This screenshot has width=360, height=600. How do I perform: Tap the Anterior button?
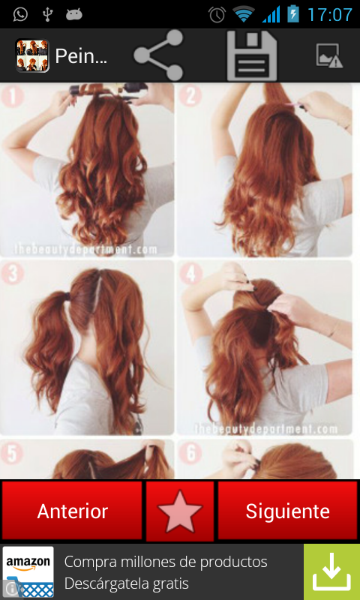72,511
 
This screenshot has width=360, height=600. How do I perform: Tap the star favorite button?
180,511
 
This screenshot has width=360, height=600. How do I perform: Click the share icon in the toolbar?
159,55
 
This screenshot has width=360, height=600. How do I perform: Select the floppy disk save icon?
252,55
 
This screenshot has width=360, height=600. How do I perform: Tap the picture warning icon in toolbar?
329,55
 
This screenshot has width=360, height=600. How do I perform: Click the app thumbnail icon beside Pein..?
32,55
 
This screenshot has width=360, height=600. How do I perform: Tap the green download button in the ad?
331,572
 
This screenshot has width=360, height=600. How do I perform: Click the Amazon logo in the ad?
28,571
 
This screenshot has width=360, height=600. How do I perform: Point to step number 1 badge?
12,97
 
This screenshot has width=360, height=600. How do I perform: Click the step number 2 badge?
190,96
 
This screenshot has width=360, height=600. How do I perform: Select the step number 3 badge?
12,274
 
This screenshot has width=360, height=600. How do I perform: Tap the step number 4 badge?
190,274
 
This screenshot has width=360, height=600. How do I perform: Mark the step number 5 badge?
12,454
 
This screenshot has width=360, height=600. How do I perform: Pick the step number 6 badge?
190,454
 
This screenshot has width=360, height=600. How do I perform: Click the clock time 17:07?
329,14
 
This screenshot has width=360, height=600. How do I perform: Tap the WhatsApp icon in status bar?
20,14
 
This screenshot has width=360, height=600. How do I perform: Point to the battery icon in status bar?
292,14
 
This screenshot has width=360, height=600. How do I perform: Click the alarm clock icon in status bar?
217,14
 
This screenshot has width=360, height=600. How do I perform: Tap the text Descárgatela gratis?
126,583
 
